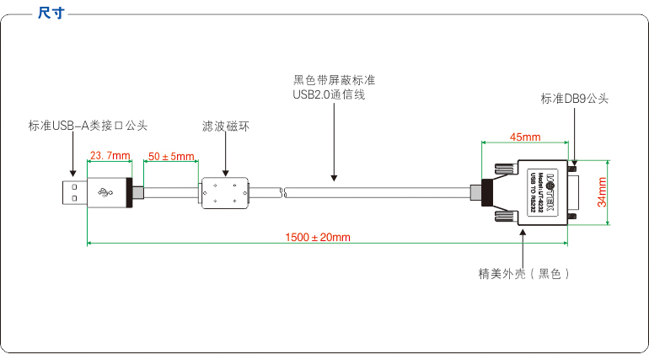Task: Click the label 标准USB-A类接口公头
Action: tap(87, 126)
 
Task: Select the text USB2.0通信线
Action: tap(328, 94)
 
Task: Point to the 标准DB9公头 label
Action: tap(574, 99)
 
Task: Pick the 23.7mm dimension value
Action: tap(110, 156)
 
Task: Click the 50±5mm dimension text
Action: tap(171, 156)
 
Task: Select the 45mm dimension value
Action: tap(525, 137)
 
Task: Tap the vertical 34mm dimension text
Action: tap(602, 192)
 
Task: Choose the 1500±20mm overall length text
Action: tap(317, 238)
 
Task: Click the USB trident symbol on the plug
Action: tap(107, 193)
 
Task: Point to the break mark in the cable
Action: tap(284, 193)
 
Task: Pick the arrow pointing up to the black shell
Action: tap(523, 233)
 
